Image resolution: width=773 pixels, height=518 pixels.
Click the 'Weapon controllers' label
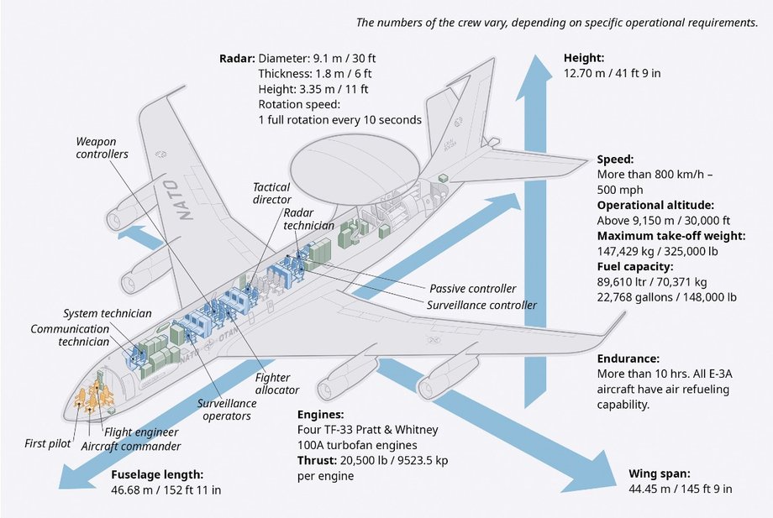102,148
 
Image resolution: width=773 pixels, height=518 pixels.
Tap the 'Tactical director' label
271,194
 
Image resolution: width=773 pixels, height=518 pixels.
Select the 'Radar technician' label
308,219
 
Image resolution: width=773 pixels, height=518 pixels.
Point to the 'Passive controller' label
472,289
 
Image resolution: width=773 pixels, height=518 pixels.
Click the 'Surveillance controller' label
481,305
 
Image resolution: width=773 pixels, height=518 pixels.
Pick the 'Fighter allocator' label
276,385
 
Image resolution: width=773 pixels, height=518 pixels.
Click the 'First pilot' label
47,442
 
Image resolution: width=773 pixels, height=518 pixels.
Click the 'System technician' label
107,312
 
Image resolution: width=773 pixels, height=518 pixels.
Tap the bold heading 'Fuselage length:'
157,474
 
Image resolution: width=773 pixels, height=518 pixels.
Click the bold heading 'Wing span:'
660,474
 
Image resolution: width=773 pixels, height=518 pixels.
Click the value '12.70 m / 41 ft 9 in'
612,73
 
